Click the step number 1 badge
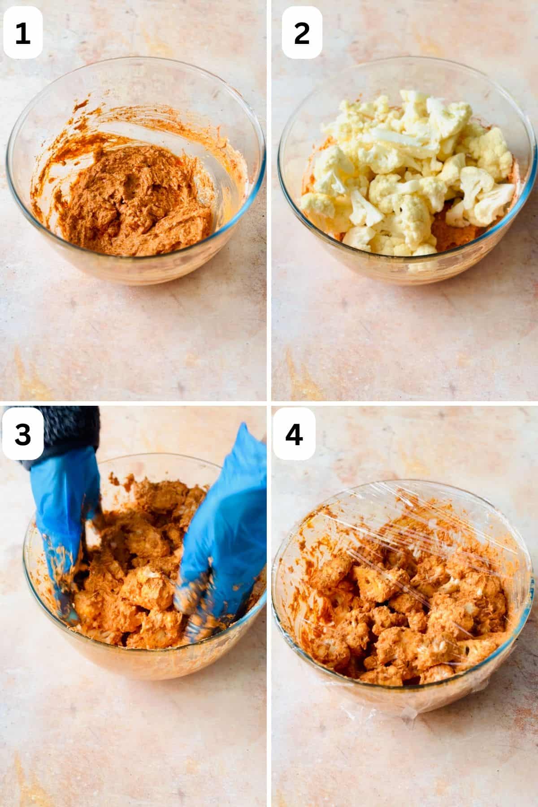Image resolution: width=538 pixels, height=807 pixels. (x=22, y=32)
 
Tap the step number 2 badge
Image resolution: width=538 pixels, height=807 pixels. (x=302, y=32)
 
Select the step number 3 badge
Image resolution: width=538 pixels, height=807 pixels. (x=22, y=434)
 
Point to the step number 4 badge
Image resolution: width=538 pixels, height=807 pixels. (x=294, y=434)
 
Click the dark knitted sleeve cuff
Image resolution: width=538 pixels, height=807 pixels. (x=67, y=430)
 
